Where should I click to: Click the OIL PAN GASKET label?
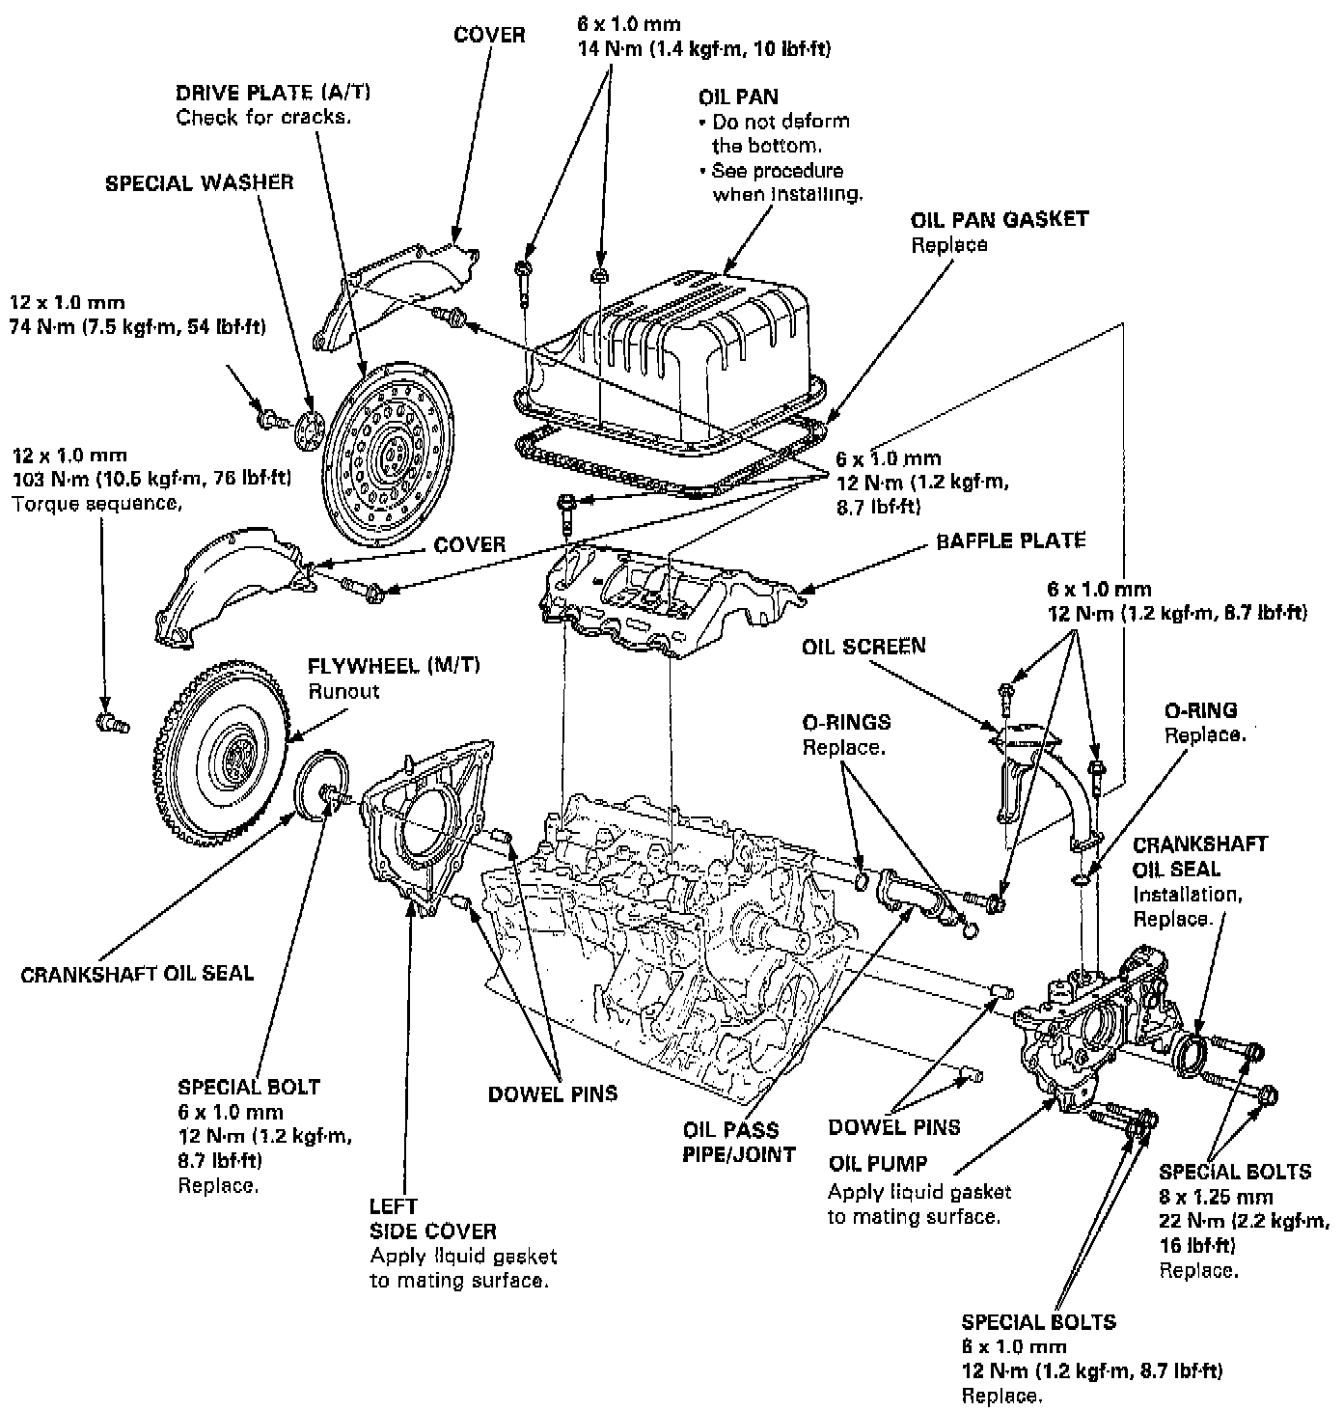click(999, 219)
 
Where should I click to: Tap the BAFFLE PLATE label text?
click(1010, 540)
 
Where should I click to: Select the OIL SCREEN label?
click(863, 646)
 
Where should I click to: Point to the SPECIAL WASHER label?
click(199, 182)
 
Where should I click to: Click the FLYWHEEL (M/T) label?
click(393, 666)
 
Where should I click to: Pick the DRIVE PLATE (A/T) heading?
click(273, 93)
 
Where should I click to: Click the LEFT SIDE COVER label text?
click(432, 1219)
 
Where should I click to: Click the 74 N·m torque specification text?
click(137, 327)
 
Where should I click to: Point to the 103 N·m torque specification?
click(151, 479)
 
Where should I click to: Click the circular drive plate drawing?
click(386, 454)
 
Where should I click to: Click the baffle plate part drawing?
click(666, 598)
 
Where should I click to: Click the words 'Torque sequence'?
click(96, 503)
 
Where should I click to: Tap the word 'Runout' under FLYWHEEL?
click(343, 691)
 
